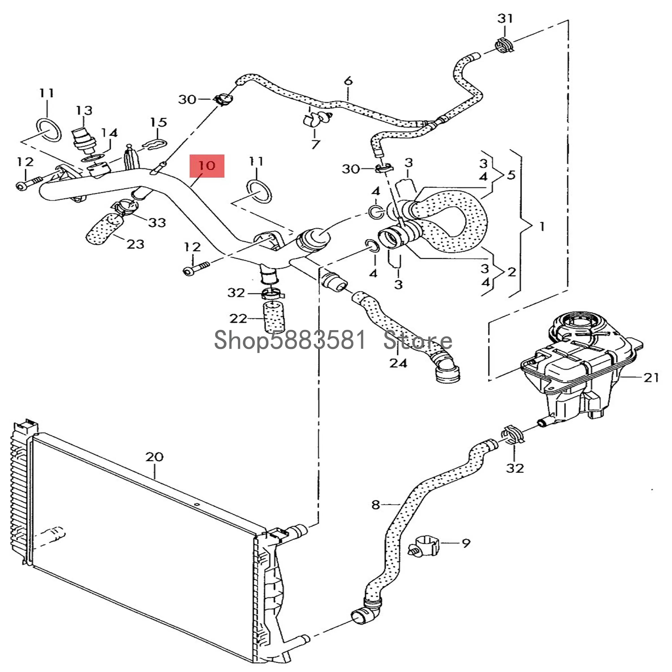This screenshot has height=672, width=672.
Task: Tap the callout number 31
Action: pos(505,18)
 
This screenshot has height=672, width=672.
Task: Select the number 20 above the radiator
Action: pos(154,457)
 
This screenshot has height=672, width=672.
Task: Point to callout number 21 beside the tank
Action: pos(651,377)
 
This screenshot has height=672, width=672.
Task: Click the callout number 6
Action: pos(348,81)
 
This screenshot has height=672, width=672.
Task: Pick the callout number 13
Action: pos(84,111)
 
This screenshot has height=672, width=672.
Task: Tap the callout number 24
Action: pos(398,364)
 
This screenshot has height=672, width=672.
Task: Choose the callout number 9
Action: pos(466,543)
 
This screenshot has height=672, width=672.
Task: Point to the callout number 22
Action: pos(238,318)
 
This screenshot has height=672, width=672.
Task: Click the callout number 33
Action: pos(157,223)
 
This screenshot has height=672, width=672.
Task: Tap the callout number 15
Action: pos(159,123)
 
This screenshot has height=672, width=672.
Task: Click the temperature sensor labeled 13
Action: pos(83,141)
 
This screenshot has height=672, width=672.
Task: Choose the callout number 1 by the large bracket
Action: pos(542,227)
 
